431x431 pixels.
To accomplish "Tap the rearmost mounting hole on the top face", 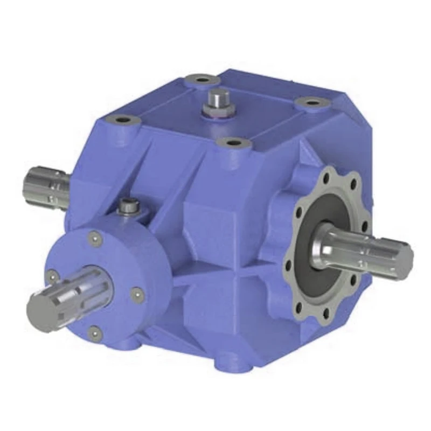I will tap(201, 81).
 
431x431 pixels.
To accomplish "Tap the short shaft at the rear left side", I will tap(46, 185).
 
